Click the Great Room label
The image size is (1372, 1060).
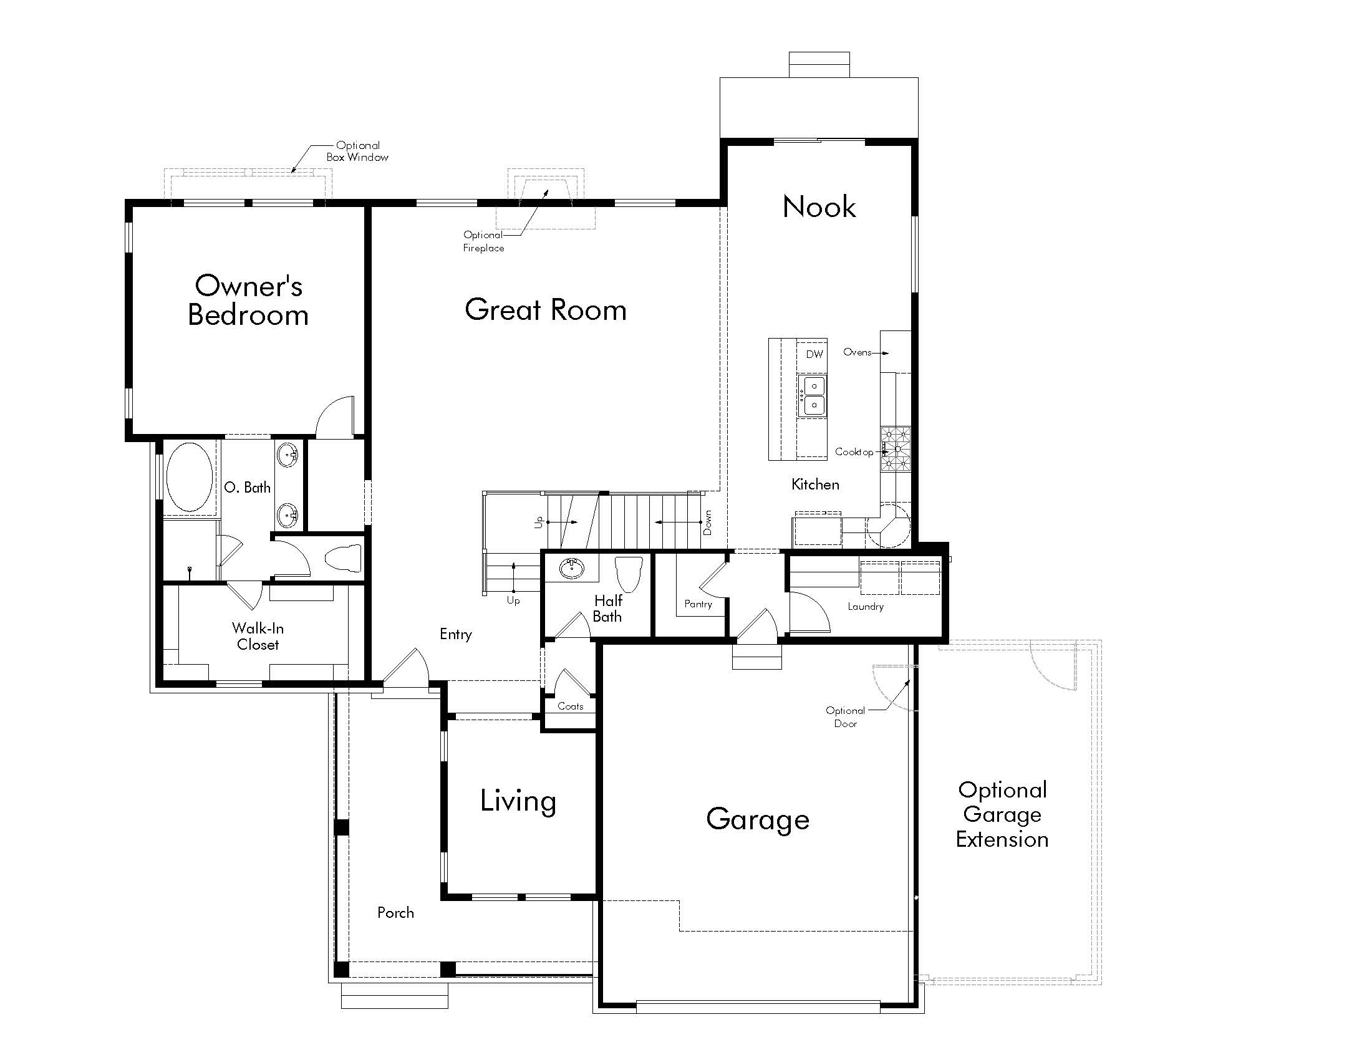(545, 311)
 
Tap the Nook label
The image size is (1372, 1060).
(819, 207)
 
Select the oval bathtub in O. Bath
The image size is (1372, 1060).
(189, 477)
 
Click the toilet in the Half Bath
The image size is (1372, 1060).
(628, 573)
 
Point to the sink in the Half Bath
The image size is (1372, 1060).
(572, 569)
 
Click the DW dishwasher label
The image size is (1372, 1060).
(814, 354)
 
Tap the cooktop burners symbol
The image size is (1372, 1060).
(895, 449)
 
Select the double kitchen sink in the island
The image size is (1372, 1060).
(811, 395)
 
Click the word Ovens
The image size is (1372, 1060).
(857, 352)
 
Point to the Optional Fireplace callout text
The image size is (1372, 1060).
(483, 241)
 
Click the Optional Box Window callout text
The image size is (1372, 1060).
(357, 152)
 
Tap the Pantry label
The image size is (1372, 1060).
(698, 604)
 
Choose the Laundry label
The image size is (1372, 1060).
(865, 607)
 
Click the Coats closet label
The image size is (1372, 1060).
(570, 706)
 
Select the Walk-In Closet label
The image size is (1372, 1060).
(258, 636)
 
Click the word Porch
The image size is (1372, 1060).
(395, 913)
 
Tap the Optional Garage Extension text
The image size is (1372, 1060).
(1002, 814)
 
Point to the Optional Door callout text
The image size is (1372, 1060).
(845, 717)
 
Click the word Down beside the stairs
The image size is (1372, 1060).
(708, 523)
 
